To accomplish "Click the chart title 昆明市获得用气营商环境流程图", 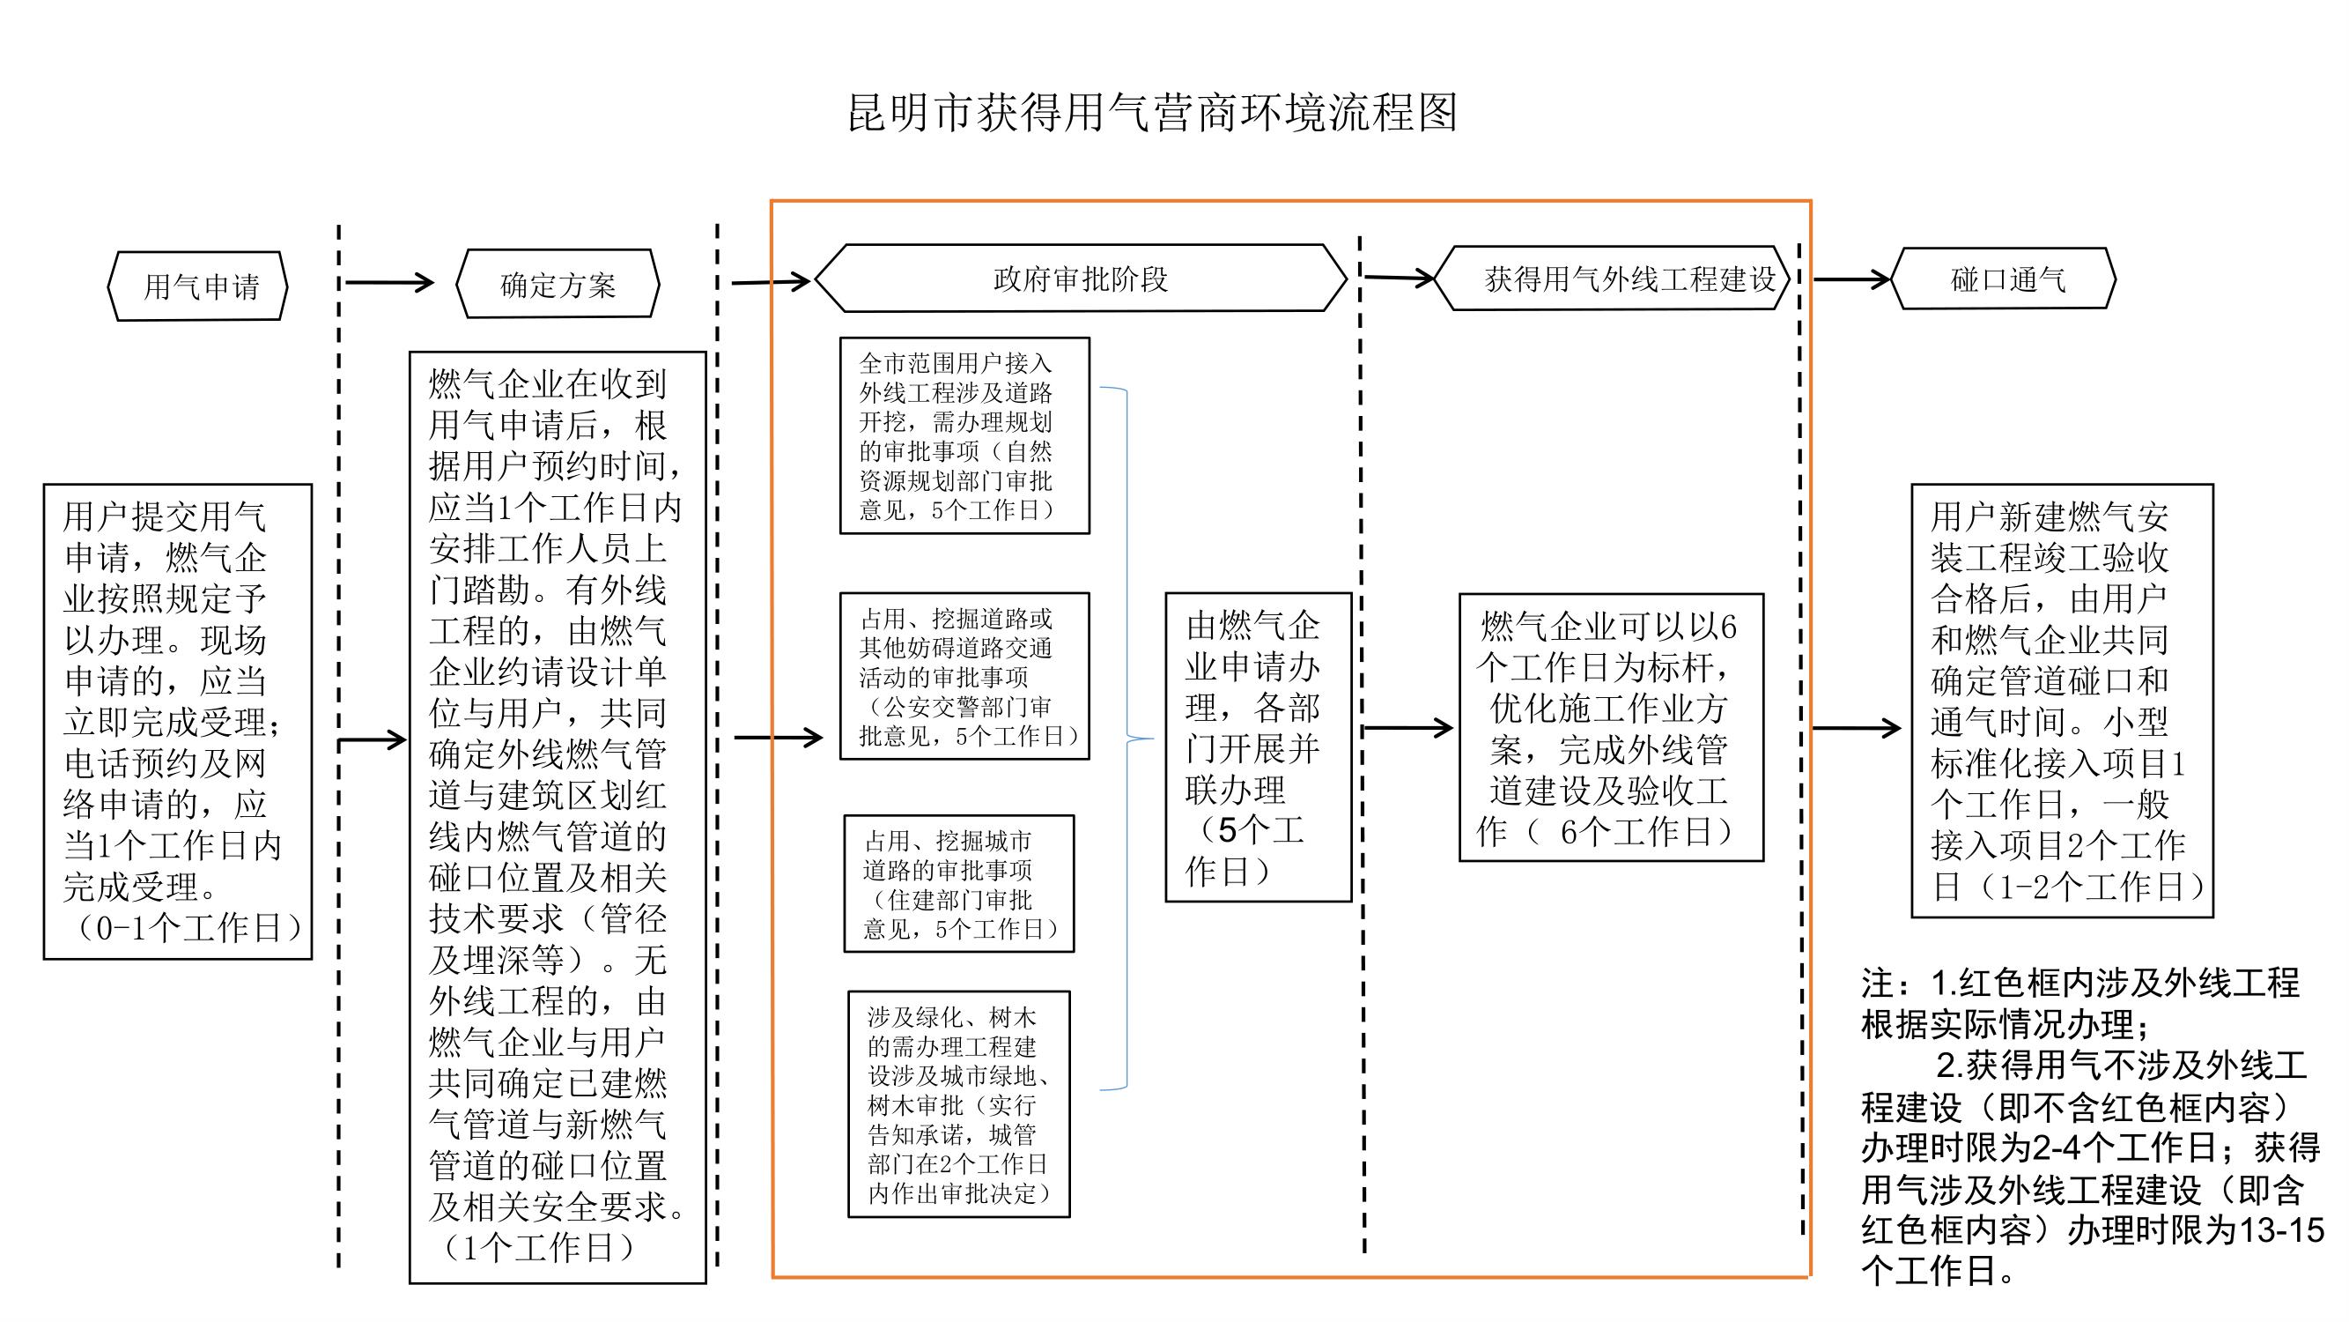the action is point(1153,113).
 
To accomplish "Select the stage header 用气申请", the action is point(198,286).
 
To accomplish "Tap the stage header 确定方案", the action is point(558,285).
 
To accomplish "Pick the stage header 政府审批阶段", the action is point(1081,279).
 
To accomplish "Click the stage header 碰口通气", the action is point(2004,279).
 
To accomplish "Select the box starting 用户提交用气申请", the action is point(178,722).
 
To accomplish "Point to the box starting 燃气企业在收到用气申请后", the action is point(558,818).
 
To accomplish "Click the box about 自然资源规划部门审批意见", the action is point(964,435).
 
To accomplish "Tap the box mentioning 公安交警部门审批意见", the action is point(964,676).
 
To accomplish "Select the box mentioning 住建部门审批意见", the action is point(959,884).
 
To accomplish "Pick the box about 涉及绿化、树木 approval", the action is point(959,1104).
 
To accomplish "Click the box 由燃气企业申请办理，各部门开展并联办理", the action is point(1259,747).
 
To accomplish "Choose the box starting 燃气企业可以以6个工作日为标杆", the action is point(1611,727).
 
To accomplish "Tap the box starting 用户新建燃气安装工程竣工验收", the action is point(2063,701).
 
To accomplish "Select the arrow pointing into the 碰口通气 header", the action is point(1851,279).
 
